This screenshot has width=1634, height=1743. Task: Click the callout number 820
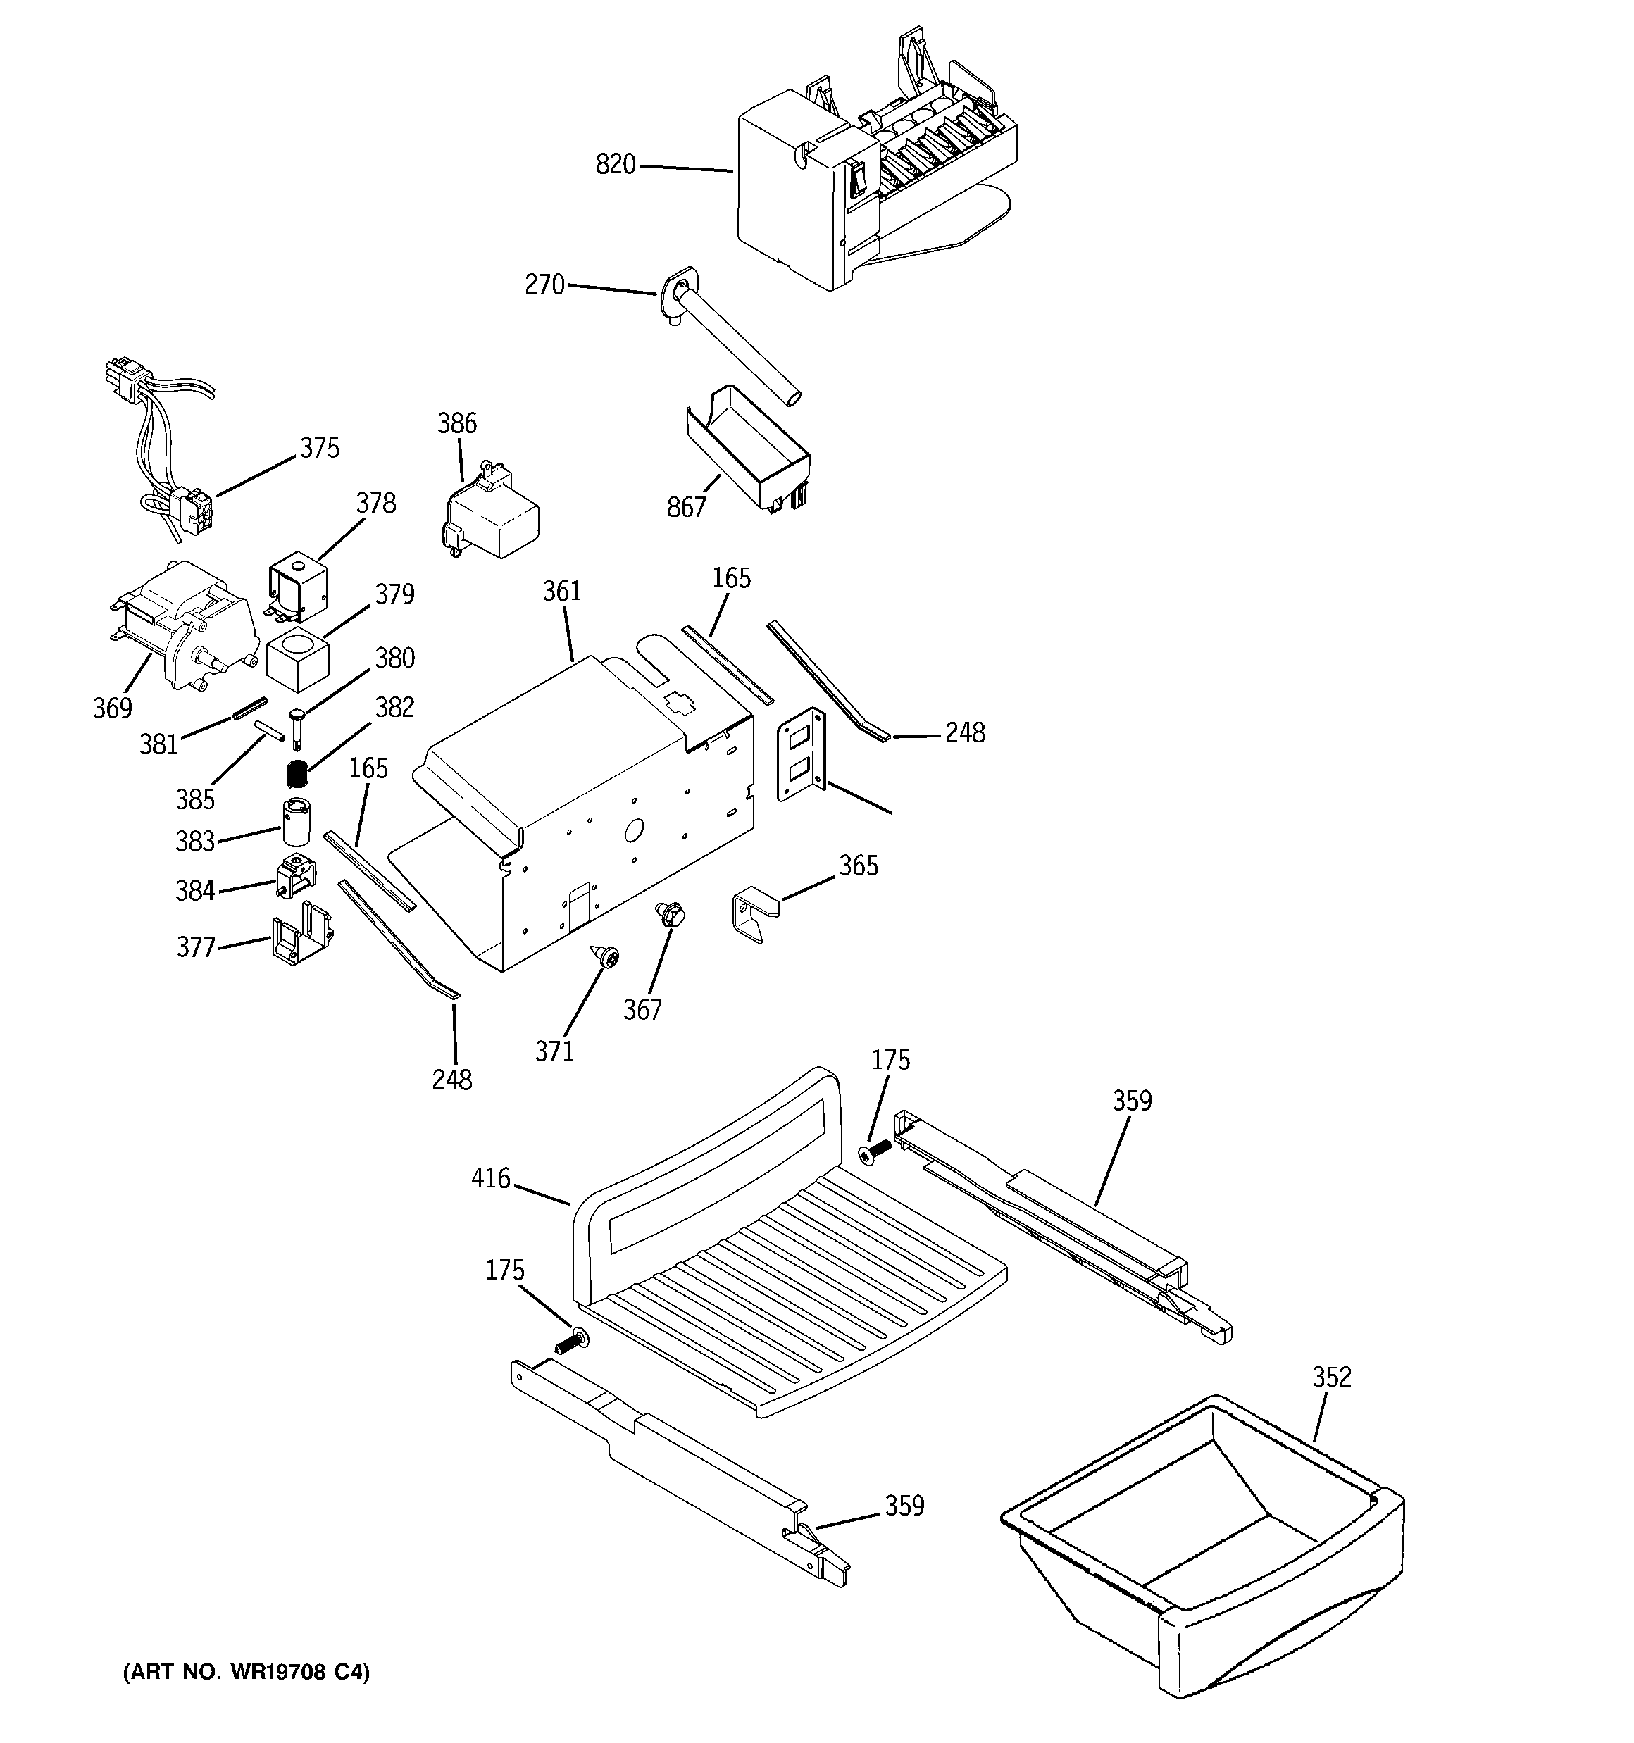615,164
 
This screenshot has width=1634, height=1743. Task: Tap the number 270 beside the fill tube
544,285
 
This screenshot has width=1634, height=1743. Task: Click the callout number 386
457,423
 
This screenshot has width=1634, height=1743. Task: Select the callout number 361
561,591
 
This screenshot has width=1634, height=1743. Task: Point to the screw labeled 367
668,916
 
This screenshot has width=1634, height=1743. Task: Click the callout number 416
490,1178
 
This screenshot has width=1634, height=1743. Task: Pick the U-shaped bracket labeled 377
301,935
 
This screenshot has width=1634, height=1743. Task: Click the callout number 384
194,891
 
